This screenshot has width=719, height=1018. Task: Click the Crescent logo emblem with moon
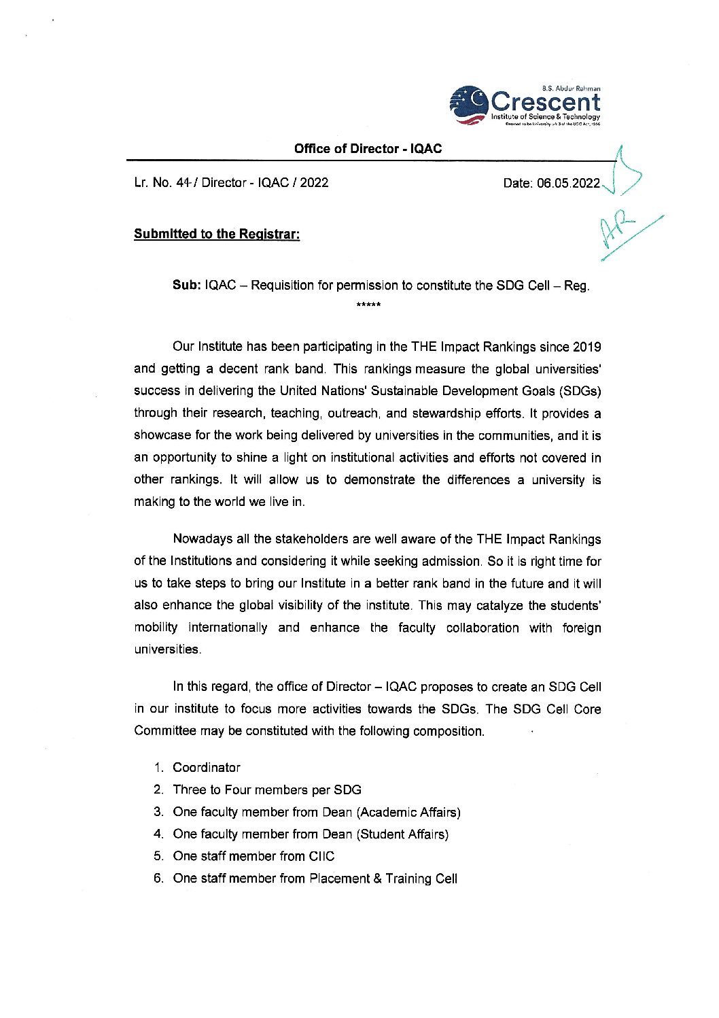coord(468,105)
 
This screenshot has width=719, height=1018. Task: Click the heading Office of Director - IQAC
coord(368,149)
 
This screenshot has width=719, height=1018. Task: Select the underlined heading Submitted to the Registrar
coord(217,234)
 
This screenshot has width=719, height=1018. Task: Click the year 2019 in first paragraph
coord(586,347)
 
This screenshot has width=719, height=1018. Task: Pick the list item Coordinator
coord(207,768)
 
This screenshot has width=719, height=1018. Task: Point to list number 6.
coord(158,879)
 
